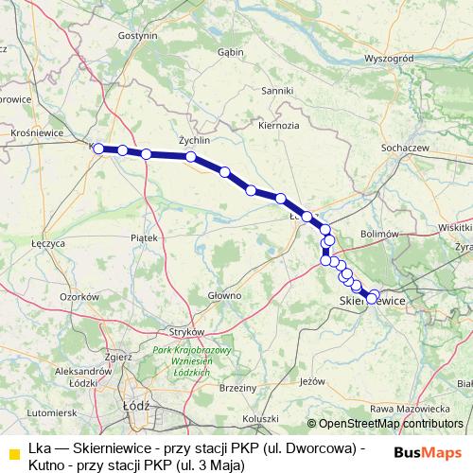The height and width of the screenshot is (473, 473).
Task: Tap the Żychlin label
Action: pos(181,138)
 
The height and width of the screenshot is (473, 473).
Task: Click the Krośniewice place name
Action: pos(31,133)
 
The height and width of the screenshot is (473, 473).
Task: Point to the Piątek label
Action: pos(144,238)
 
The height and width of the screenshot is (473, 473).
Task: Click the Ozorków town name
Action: pos(79,296)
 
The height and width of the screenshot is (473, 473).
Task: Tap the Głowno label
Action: pos(225,295)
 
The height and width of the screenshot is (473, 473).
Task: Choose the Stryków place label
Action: pos(186,332)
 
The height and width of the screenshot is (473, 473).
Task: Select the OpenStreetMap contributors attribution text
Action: pos(391,423)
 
